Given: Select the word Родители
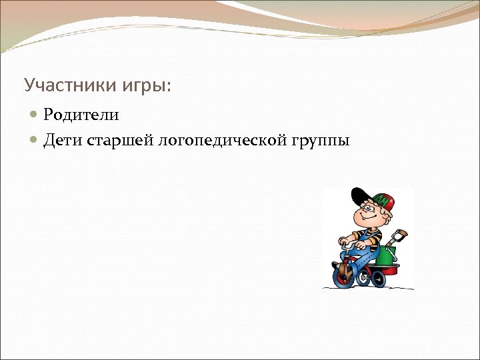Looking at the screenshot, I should [81, 115].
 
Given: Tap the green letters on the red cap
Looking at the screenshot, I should [384, 200].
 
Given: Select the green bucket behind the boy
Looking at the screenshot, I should [387, 253].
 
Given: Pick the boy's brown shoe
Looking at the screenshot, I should [343, 270].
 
